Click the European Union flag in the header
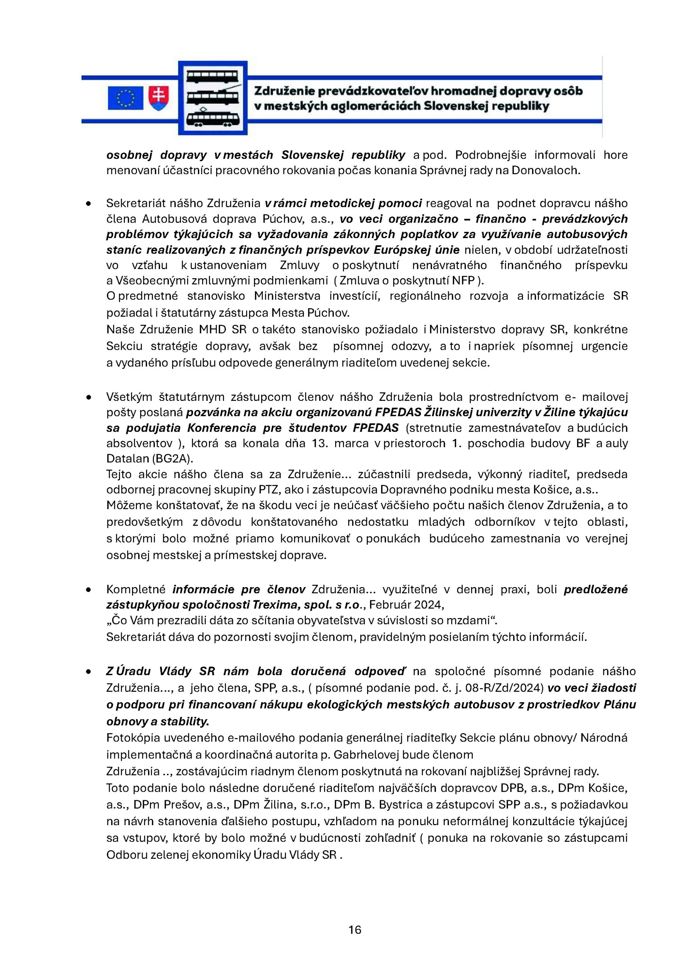point(125,98)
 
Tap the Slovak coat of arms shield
point(159,98)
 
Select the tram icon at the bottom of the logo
point(212,118)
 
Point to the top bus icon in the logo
point(212,77)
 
